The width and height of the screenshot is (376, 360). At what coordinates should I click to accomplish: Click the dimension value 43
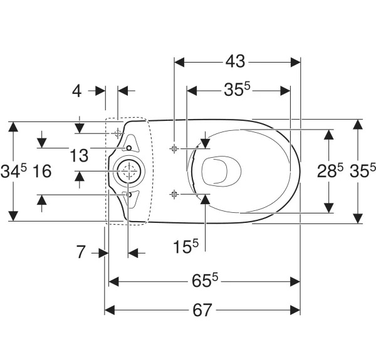tap(235, 61)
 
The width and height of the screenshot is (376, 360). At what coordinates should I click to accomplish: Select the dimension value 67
tap(202, 310)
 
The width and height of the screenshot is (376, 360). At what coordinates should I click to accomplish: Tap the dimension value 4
tap(76, 91)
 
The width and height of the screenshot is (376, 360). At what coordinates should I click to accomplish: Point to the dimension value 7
tap(81, 252)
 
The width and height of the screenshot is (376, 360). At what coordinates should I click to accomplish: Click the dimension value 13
tap(79, 155)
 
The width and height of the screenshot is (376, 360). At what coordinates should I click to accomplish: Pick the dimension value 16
tap(42, 172)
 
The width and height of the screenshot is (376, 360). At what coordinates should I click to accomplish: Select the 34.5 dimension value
tap(14, 171)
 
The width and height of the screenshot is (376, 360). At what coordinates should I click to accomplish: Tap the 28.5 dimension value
tap(330, 170)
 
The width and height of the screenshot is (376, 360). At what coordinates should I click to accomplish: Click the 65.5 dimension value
tap(205, 280)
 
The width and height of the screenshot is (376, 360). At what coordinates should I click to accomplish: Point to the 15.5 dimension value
tap(186, 246)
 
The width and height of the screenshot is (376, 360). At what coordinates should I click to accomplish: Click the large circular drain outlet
tap(128, 171)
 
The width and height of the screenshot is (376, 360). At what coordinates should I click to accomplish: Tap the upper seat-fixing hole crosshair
tap(174, 149)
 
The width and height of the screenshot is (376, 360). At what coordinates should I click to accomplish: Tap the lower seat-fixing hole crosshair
tap(174, 193)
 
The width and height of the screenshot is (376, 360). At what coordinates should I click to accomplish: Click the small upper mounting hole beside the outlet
tap(129, 148)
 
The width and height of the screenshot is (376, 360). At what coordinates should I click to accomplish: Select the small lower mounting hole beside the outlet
tap(129, 195)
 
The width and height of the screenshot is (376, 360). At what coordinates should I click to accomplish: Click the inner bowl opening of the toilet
tap(221, 171)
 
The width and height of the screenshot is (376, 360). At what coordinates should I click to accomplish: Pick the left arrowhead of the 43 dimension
tap(179, 62)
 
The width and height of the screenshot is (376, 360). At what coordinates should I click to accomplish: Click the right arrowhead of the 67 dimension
tap(295, 310)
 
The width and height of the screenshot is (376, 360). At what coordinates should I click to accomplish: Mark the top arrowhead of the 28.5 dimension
tap(328, 135)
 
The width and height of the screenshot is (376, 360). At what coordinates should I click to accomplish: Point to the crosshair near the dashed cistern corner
tap(118, 133)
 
